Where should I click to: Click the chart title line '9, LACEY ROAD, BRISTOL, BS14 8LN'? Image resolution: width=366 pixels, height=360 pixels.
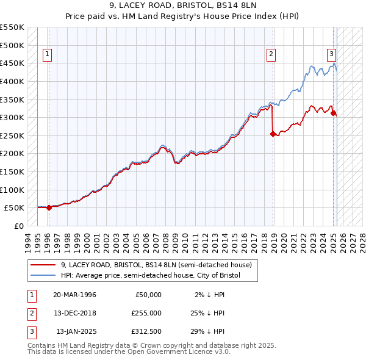[x=183, y=5]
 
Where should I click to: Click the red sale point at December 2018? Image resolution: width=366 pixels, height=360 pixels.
[x=273, y=134]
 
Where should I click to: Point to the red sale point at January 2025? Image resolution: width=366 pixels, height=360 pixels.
[x=334, y=113]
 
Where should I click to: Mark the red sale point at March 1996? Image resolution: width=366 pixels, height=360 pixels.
[x=49, y=207]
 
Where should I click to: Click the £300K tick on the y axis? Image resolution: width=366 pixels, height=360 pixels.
[x=12, y=117]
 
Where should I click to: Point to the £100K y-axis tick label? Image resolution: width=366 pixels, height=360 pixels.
[x=12, y=190]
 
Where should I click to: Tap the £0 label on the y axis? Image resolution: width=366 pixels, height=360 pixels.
[x=18, y=226]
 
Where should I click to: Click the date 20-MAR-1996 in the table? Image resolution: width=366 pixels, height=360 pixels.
[x=74, y=295]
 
